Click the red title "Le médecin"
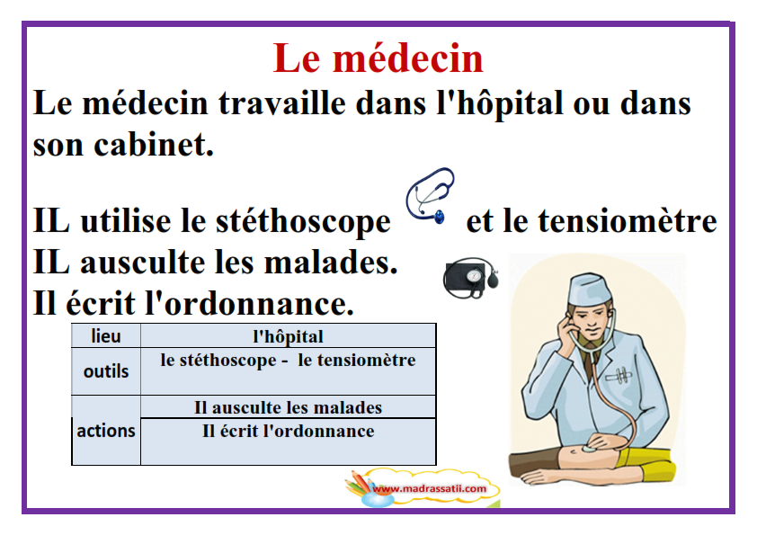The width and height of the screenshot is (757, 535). coord(378,58)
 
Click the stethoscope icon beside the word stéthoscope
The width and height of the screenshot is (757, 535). coord(430,195)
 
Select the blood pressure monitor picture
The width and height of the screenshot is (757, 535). coord(471,278)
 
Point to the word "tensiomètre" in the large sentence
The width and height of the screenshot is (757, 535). coord(628,220)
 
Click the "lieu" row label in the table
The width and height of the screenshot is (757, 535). coord(106,336)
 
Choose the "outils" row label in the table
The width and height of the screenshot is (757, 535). coord(106,371)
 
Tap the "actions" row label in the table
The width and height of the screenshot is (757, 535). coord(106,431)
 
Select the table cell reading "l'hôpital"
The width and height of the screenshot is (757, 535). coord(289,336)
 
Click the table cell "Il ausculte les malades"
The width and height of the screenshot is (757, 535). coord(289,407)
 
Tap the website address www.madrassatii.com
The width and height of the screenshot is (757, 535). coord(430,488)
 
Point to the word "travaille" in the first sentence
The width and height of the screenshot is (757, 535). coord(282,103)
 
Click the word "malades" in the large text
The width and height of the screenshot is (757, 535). coord(330,263)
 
